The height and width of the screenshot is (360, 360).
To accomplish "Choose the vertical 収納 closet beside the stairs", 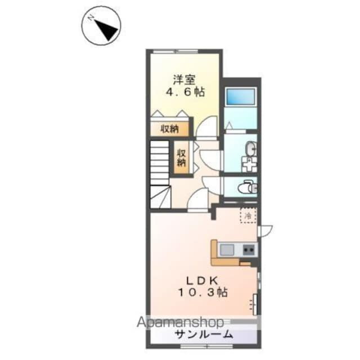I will [x=182, y=157].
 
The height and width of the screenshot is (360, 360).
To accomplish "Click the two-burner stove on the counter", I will [x=247, y=249].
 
